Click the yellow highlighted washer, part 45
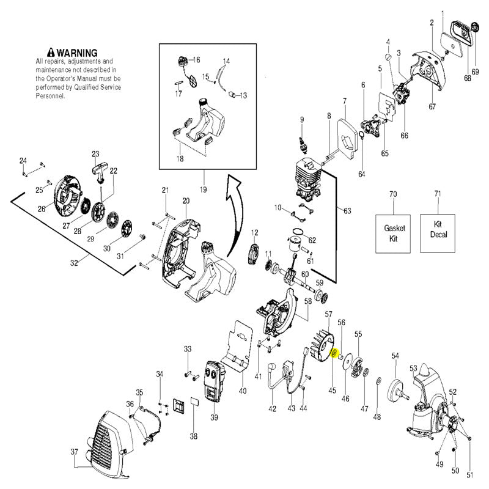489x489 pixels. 334,354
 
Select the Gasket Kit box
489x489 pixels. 393,233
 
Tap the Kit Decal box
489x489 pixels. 438,233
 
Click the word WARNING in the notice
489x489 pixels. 77,53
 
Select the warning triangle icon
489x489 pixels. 51,53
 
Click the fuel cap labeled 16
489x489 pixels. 182,60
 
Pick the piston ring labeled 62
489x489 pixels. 299,232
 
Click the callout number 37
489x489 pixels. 74,452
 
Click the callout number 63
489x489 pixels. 347,211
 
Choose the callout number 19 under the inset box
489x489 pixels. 203,189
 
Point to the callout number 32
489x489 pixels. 73,263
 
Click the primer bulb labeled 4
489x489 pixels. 389,57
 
